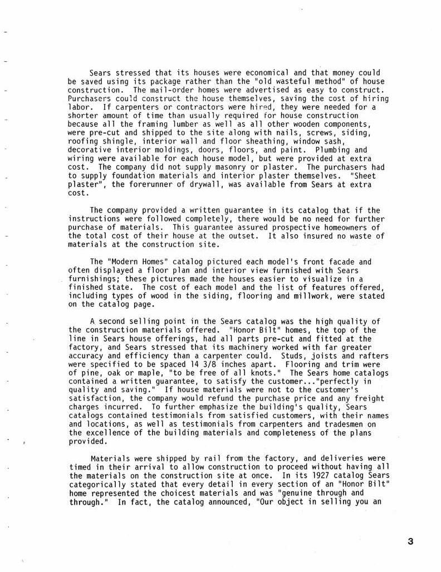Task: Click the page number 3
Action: coord(410,541)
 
